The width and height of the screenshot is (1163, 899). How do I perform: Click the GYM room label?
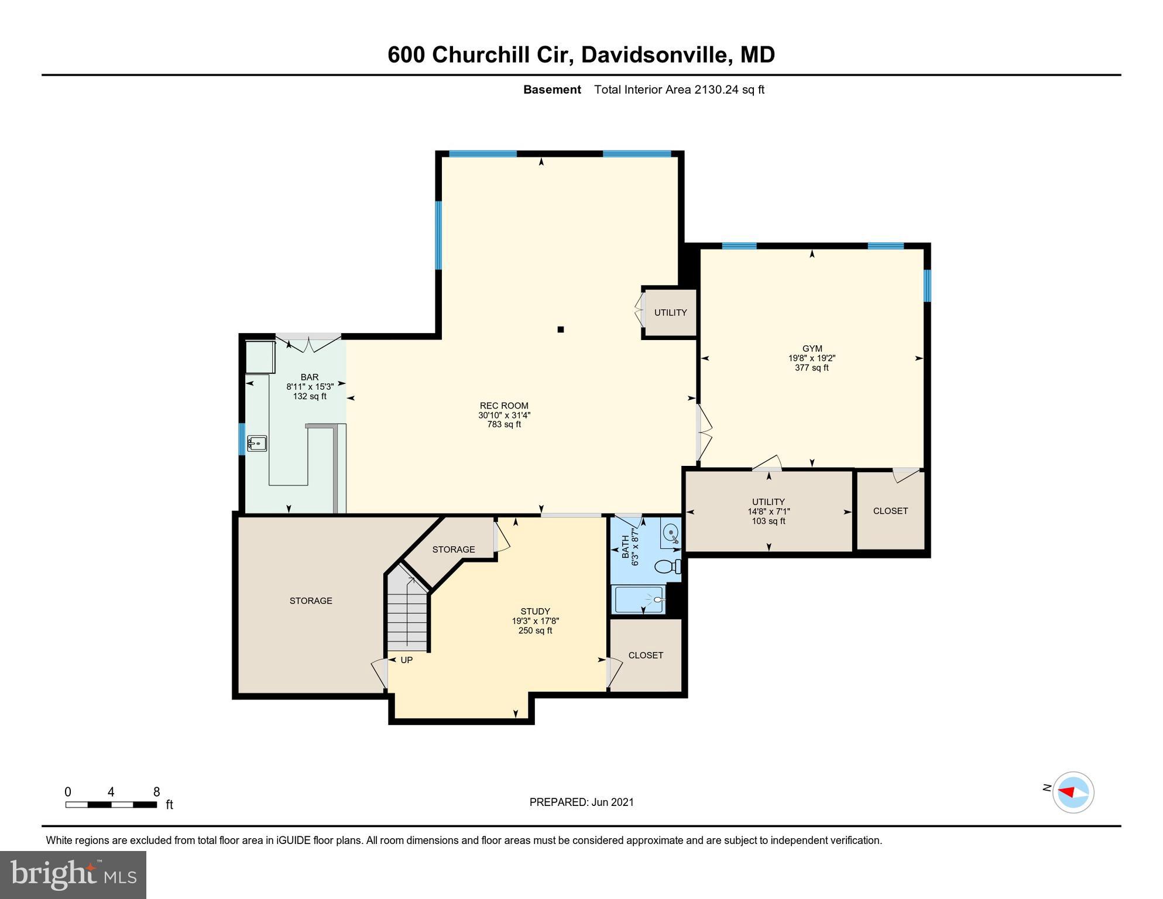pos(812,349)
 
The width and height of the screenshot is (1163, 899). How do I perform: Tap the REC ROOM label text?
pos(504,406)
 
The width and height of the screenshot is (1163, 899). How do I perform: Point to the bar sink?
pos(256,444)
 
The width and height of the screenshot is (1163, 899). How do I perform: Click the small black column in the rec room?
pos(560,330)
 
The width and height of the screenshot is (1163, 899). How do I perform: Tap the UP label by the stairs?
pos(406,660)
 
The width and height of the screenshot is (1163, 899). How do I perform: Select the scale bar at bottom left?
pos(111,805)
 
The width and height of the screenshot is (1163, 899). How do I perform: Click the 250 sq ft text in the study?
pos(535,631)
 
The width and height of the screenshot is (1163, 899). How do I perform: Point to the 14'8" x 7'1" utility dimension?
pos(769,512)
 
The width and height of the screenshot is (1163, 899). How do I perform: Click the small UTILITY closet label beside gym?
pos(670,313)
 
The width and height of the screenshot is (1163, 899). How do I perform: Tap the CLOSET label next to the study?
pos(646,656)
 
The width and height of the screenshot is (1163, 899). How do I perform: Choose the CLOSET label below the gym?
pos(890,511)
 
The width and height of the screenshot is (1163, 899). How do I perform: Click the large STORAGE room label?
pos(311,601)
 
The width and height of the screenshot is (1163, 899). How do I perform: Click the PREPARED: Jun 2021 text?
pos(581,802)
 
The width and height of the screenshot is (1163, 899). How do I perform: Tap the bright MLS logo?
pos(73,875)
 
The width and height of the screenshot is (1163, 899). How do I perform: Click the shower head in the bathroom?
pos(658,600)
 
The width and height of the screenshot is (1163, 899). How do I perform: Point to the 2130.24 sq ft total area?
pos(729,90)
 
